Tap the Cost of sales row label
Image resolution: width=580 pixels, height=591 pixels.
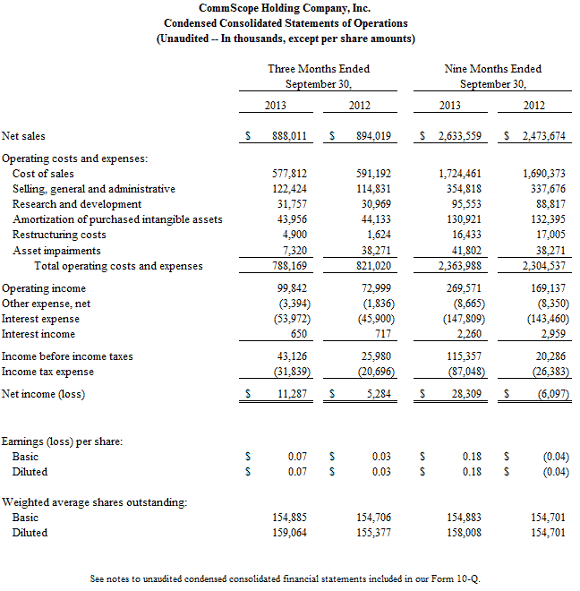(43, 174)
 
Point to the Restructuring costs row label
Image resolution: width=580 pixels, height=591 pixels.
(59, 236)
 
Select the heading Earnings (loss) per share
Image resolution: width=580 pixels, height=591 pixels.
(62, 441)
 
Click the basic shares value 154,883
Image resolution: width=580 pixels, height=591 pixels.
(464, 518)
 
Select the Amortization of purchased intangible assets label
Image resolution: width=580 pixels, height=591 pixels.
(117, 220)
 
